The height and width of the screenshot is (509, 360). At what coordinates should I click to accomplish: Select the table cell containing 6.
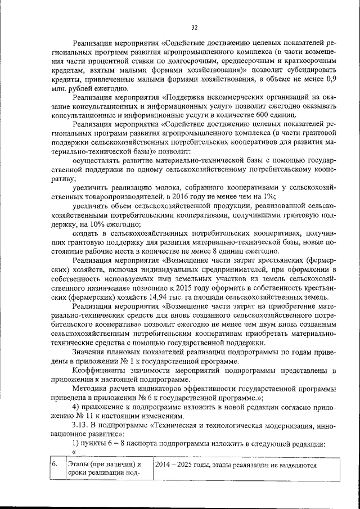click(55, 466)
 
